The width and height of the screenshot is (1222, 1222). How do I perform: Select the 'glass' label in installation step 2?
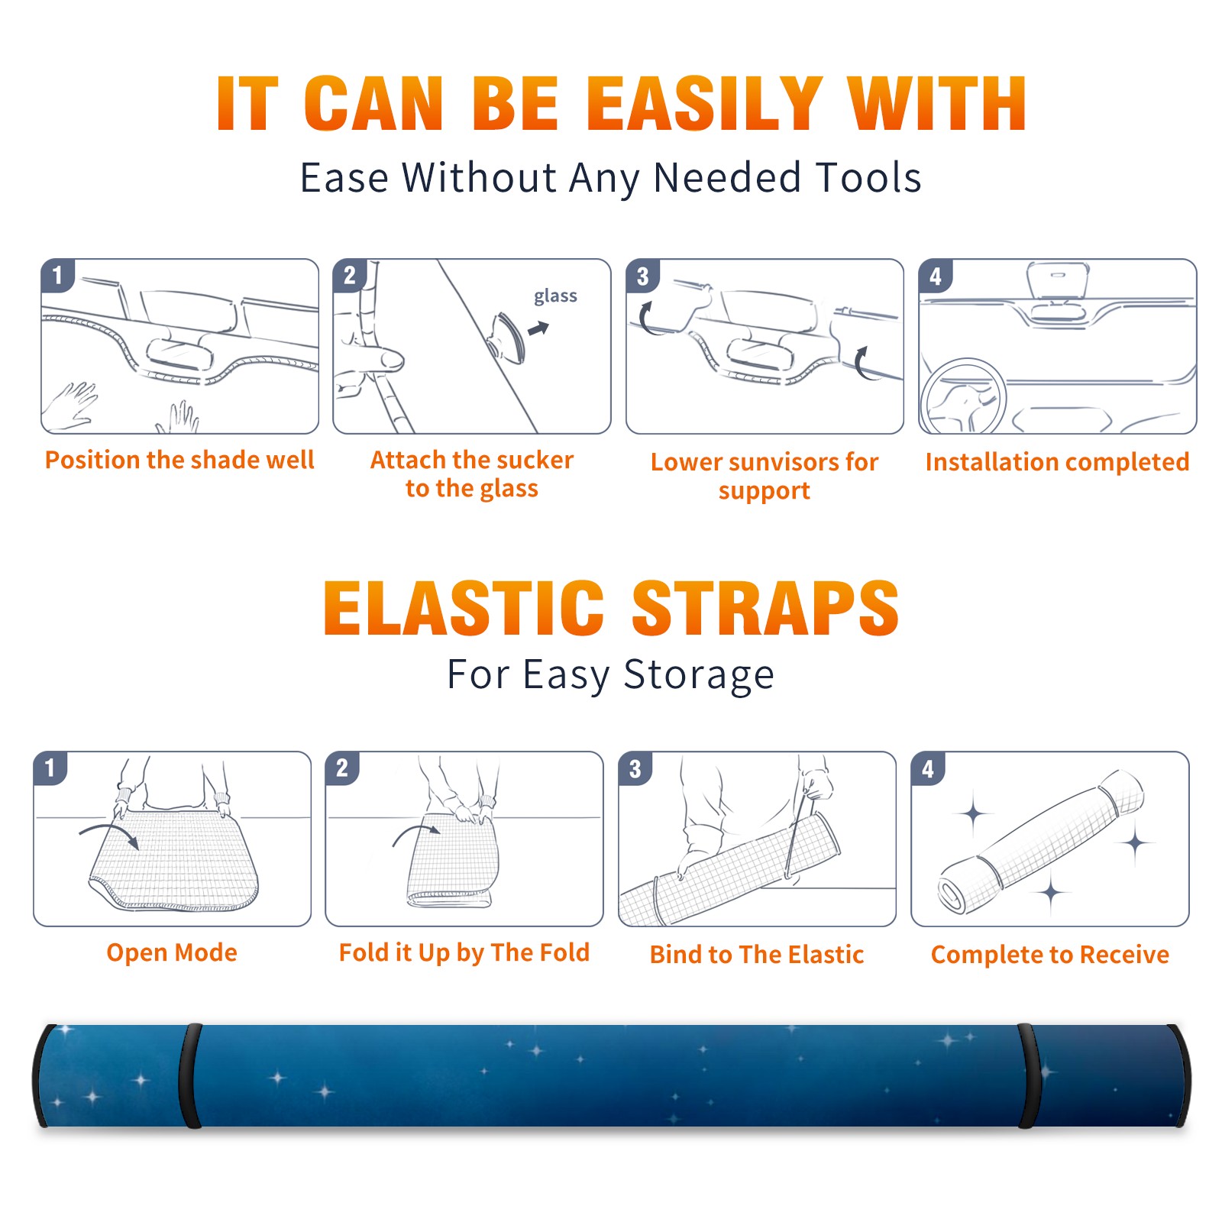pyautogui.click(x=555, y=296)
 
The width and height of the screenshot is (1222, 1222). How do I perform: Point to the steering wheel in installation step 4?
pyautogui.click(x=962, y=397)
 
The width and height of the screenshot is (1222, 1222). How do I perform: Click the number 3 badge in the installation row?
pyautogui.click(x=643, y=276)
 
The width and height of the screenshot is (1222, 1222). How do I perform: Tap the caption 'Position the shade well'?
pyautogui.click(x=179, y=460)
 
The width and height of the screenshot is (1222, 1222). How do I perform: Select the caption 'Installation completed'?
pyautogui.click(x=1057, y=461)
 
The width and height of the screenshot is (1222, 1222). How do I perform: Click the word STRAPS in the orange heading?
pyautogui.click(x=765, y=608)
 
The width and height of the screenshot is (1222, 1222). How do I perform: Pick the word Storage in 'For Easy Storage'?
pyautogui.click(x=699, y=674)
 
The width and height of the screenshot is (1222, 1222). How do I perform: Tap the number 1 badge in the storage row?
pyautogui.click(x=50, y=768)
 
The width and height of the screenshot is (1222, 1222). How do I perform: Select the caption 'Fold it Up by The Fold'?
pyautogui.click(x=464, y=952)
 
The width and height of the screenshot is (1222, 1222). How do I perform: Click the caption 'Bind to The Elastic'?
pyautogui.click(x=757, y=955)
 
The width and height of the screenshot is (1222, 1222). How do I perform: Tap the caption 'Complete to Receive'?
pyautogui.click(x=1050, y=955)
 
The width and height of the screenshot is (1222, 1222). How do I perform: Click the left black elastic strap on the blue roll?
pyautogui.click(x=190, y=1075)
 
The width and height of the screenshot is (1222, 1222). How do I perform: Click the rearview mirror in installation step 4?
pyautogui.click(x=1058, y=280)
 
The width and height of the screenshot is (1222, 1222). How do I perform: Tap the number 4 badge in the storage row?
pyautogui.click(x=928, y=768)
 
